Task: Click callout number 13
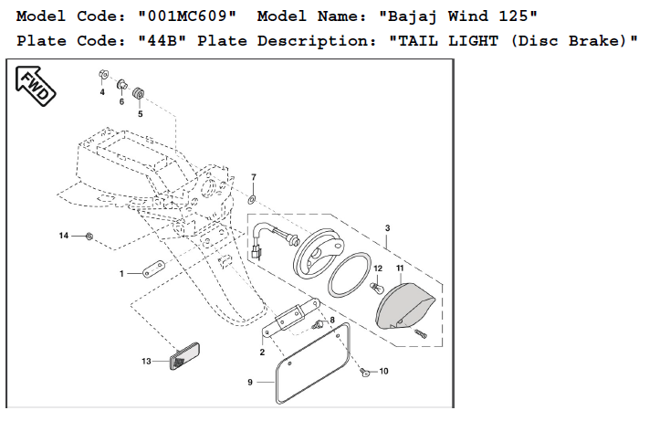coord(146,362)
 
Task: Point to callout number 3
coord(387,227)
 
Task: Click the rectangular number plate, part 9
coord(311,365)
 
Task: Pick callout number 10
coord(383,372)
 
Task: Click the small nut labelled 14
coord(89,237)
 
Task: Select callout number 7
coord(254,176)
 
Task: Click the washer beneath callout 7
coord(253,197)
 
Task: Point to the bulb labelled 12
coord(373,287)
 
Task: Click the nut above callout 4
coord(103,74)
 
